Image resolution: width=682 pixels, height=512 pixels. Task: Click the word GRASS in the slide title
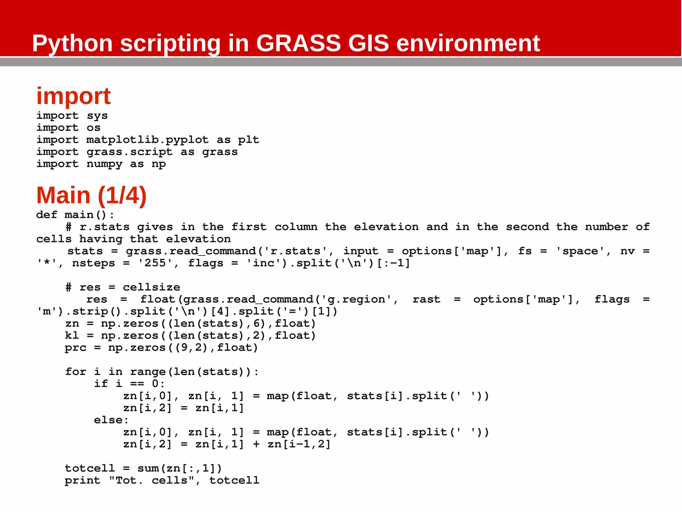298,43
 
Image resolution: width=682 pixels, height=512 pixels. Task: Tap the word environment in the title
468,43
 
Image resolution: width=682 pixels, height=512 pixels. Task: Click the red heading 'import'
73,96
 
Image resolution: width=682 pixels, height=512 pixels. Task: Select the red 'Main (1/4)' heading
91,195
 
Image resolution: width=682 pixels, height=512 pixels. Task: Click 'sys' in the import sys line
97,116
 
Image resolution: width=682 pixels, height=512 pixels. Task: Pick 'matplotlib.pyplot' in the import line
147,140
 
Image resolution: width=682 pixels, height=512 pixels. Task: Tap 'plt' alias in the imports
248,140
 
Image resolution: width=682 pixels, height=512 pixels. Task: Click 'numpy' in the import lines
104,164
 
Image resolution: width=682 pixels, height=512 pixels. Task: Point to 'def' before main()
47,215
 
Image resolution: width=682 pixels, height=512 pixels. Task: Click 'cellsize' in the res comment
151,287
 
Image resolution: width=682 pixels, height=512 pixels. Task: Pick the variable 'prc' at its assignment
76,348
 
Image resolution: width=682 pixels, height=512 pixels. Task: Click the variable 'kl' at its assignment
72,336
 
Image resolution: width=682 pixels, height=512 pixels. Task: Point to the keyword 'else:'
111,420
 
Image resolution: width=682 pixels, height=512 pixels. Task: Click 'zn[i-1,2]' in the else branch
299,444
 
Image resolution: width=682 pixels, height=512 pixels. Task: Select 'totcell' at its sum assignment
90,469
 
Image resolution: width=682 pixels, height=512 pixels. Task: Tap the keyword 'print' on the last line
83,481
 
